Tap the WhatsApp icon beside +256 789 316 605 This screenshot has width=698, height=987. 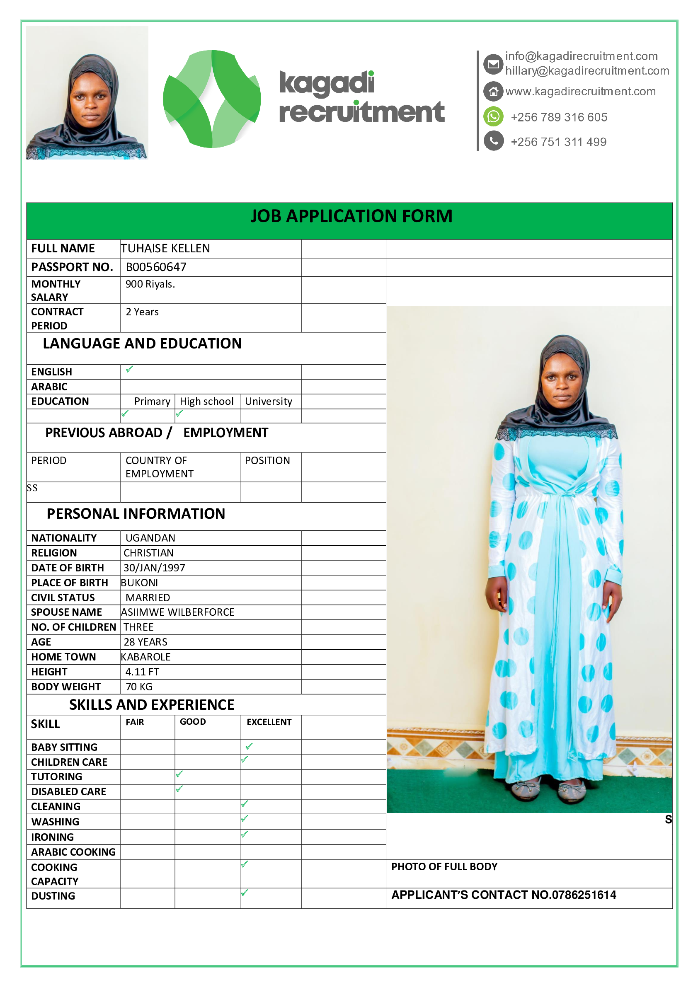[493, 116]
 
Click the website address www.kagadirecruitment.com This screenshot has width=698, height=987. [580, 92]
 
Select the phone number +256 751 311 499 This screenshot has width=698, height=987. [558, 142]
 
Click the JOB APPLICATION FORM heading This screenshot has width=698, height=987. [351, 216]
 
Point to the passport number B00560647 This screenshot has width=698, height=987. [156, 267]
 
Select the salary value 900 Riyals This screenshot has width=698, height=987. [150, 284]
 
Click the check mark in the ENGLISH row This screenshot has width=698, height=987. [129, 369]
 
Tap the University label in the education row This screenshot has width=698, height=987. [268, 401]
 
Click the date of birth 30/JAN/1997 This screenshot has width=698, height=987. [154, 567]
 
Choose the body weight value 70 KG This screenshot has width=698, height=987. [139, 687]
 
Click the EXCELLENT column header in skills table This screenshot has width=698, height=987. [269, 722]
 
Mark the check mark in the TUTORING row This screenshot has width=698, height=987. [179, 774]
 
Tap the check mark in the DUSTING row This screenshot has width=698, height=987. [244, 893]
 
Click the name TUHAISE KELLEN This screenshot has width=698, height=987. [165, 249]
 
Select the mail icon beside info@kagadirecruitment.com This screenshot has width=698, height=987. [493, 65]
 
